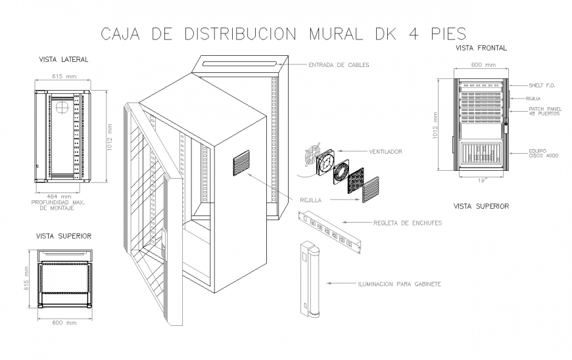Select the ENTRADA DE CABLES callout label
tap(339, 65)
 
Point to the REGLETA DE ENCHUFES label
tap(408, 223)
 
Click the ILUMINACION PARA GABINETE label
tap(398, 284)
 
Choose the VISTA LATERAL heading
tap(63, 59)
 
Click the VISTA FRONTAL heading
tap(481, 49)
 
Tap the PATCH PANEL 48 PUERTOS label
tap(544, 111)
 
